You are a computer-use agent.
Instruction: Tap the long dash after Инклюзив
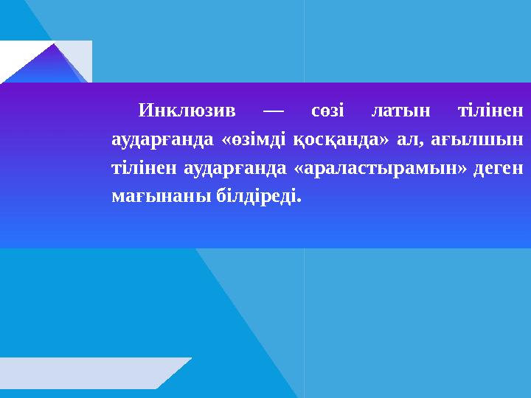pyautogui.click(x=273, y=112)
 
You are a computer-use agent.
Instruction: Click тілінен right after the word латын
pyautogui.click(x=490, y=112)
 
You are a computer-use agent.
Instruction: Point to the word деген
pyautogui.click(x=498, y=168)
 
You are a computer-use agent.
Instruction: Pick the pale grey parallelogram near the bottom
pyautogui.click(x=88, y=373)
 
